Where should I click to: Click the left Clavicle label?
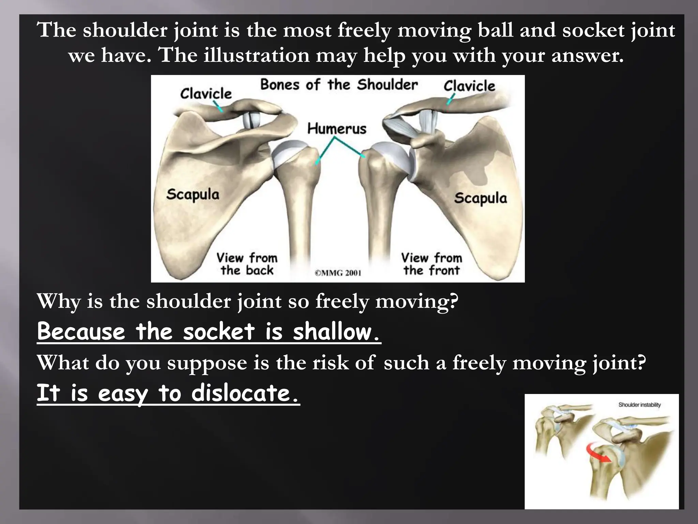coord(206,93)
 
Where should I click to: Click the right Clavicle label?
coord(469,86)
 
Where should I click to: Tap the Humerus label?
coord(337,129)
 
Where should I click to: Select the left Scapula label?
coord(193,194)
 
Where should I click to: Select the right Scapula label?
coord(480,198)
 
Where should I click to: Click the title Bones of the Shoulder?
coord(339,85)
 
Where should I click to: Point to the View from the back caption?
coord(247,264)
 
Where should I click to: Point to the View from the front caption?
coord(431,264)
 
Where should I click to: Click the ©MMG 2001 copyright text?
coord(338,273)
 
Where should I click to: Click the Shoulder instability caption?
coord(639,405)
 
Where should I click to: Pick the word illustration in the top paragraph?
coord(256,55)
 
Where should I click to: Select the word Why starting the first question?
coord(59,302)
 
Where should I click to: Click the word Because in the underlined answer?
coord(81,332)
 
